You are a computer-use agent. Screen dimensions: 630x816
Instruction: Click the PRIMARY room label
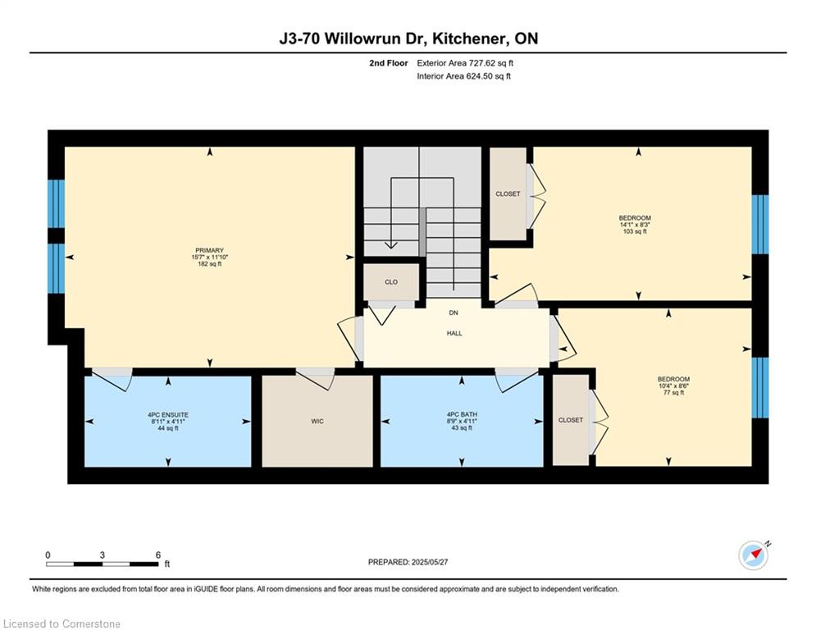[x=209, y=250]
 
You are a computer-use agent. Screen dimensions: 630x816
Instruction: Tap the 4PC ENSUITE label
[x=168, y=414]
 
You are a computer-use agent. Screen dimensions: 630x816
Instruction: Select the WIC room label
[x=317, y=421]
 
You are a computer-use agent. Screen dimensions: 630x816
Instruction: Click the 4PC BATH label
[x=461, y=414]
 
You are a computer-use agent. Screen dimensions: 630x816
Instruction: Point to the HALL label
[x=454, y=333]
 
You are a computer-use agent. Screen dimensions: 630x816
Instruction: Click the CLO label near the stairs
[x=391, y=282]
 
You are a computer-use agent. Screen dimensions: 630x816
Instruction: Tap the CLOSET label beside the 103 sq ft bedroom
[x=508, y=194]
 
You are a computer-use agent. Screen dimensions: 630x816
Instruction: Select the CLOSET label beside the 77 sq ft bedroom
[x=570, y=420]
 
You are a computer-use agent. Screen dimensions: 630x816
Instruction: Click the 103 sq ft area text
[x=635, y=232]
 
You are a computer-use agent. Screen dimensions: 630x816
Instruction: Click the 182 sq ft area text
[x=209, y=264]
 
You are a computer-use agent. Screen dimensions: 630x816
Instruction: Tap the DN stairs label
[x=453, y=313]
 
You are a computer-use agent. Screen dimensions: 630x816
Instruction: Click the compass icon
[x=754, y=555]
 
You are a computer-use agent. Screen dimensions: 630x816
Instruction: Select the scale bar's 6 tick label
[x=157, y=555]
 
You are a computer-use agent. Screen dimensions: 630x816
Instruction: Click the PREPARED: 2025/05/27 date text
[x=408, y=562]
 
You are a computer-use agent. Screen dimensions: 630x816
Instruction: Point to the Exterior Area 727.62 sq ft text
[x=465, y=62]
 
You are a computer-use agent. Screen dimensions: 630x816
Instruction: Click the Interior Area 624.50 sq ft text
[x=464, y=76]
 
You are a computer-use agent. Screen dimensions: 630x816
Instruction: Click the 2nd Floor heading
[x=389, y=62]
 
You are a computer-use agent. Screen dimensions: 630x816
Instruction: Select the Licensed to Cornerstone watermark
[x=62, y=624]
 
